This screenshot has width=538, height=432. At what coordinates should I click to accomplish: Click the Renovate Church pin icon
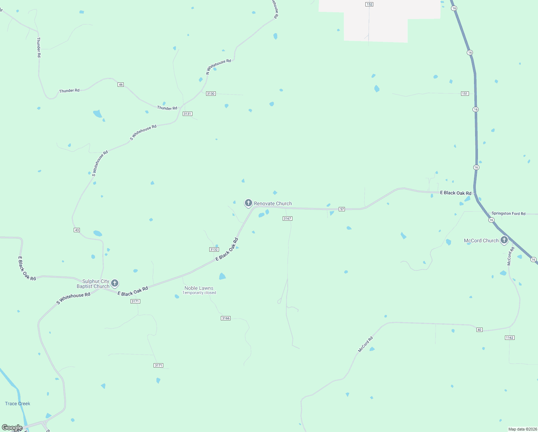point(248,203)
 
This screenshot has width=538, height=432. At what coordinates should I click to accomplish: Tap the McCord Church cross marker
point(504,240)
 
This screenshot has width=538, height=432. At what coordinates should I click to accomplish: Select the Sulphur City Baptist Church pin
point(115,283)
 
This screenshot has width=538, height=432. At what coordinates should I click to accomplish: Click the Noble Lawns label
point(199,288)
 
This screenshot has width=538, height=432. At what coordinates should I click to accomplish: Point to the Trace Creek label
point(18,404)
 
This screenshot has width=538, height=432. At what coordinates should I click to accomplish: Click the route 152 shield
point(369,4)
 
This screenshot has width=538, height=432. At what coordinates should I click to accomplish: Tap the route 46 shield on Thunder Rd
point(121,85)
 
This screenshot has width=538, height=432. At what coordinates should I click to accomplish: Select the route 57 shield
point(342,209)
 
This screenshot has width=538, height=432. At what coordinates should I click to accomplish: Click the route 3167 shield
point(287,219)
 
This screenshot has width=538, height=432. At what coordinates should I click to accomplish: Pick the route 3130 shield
point(211,94)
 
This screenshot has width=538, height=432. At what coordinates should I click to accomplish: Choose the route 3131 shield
point(187,114)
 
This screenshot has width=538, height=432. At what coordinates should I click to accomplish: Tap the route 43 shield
point(77,230)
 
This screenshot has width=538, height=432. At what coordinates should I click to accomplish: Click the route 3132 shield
point(214,249)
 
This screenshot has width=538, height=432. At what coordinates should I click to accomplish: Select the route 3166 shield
point(225,318)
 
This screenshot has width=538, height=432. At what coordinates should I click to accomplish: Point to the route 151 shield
point(465,94)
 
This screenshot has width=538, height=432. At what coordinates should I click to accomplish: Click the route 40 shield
point(479,330)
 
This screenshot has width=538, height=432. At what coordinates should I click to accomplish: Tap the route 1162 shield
point(510,338)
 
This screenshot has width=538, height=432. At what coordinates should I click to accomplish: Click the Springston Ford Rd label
point(508,213)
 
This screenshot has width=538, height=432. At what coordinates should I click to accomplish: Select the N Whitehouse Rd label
point(218,67)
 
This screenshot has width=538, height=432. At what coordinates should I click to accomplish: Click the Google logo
point(12,428)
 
